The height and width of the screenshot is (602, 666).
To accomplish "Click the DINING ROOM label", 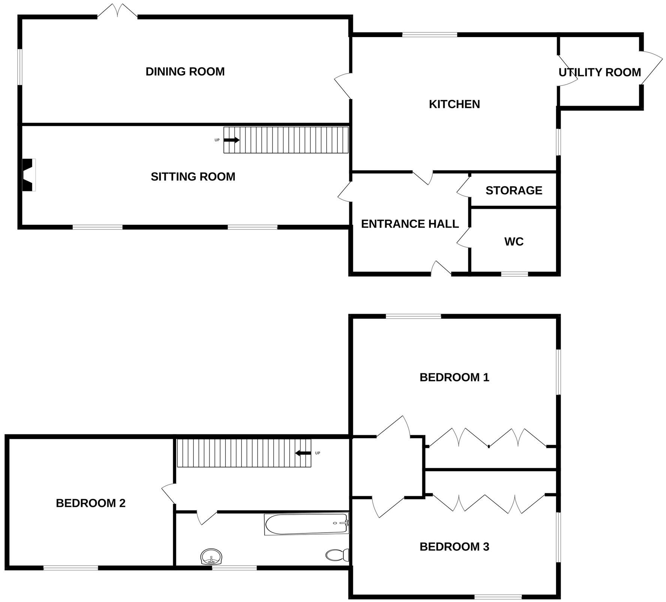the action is pyautogui.click(x=185, y=72).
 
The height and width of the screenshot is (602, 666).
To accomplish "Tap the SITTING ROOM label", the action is pyautogui.click(x=193, y=177).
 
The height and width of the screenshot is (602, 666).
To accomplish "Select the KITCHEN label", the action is pyautogui.click(x=454, y=104).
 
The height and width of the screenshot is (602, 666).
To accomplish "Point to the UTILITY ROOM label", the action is pyautogui.click(x=600, y=72).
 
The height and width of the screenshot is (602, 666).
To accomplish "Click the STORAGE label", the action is pyautogui.click(x=514, y=190).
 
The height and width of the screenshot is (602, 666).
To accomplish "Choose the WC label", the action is pyautogui.click(x=514, y=242).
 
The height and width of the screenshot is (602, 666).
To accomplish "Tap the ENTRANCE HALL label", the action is pyautogui.click(x=410, y=224).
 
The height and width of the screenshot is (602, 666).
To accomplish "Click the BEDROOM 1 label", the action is pyautogui.click(x=454, y=377).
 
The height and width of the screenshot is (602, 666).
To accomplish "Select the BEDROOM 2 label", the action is pyautogui.click(x=91, y=503).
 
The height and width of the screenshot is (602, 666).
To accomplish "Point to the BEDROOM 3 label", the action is pyautogui.click(x=454, y=547).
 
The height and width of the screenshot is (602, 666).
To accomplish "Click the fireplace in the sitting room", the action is pyautogui.click(x=28, y=175).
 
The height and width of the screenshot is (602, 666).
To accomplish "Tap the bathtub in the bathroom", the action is pyautogui.click(x=307, y=524).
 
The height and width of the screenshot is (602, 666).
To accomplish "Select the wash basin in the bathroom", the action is pyautogui.click(x=211, y=557).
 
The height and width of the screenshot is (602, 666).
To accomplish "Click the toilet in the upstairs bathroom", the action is pyautogui.click(x=337, y=555).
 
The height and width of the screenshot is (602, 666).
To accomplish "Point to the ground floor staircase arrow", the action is pyautogui.click(x=232, y=140).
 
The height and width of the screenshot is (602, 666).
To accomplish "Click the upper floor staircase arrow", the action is pyautogui.click(x=303, y=453).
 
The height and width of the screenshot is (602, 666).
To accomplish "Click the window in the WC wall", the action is pyautogui.click(x=514, y=274).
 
